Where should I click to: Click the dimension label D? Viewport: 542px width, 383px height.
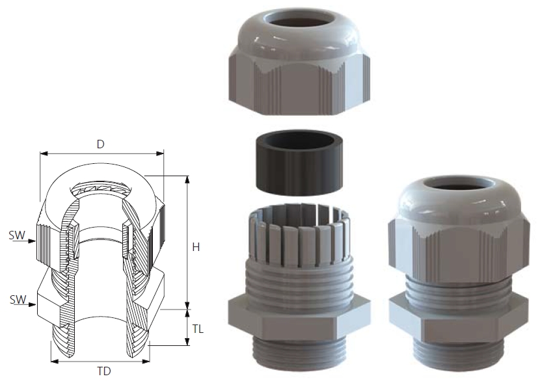(101, 144)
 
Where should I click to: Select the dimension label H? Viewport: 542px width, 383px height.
(196, 247)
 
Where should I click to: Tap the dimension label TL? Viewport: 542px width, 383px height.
(198, 329)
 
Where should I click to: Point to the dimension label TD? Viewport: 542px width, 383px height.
(104, 371)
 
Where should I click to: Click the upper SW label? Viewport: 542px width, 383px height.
(17, 235)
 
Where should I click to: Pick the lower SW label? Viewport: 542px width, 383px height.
(18, 299)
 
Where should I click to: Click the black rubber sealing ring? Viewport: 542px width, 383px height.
(300, 163)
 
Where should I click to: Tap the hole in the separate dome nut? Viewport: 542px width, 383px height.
(299, 18)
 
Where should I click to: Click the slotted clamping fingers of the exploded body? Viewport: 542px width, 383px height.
(300, 232)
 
